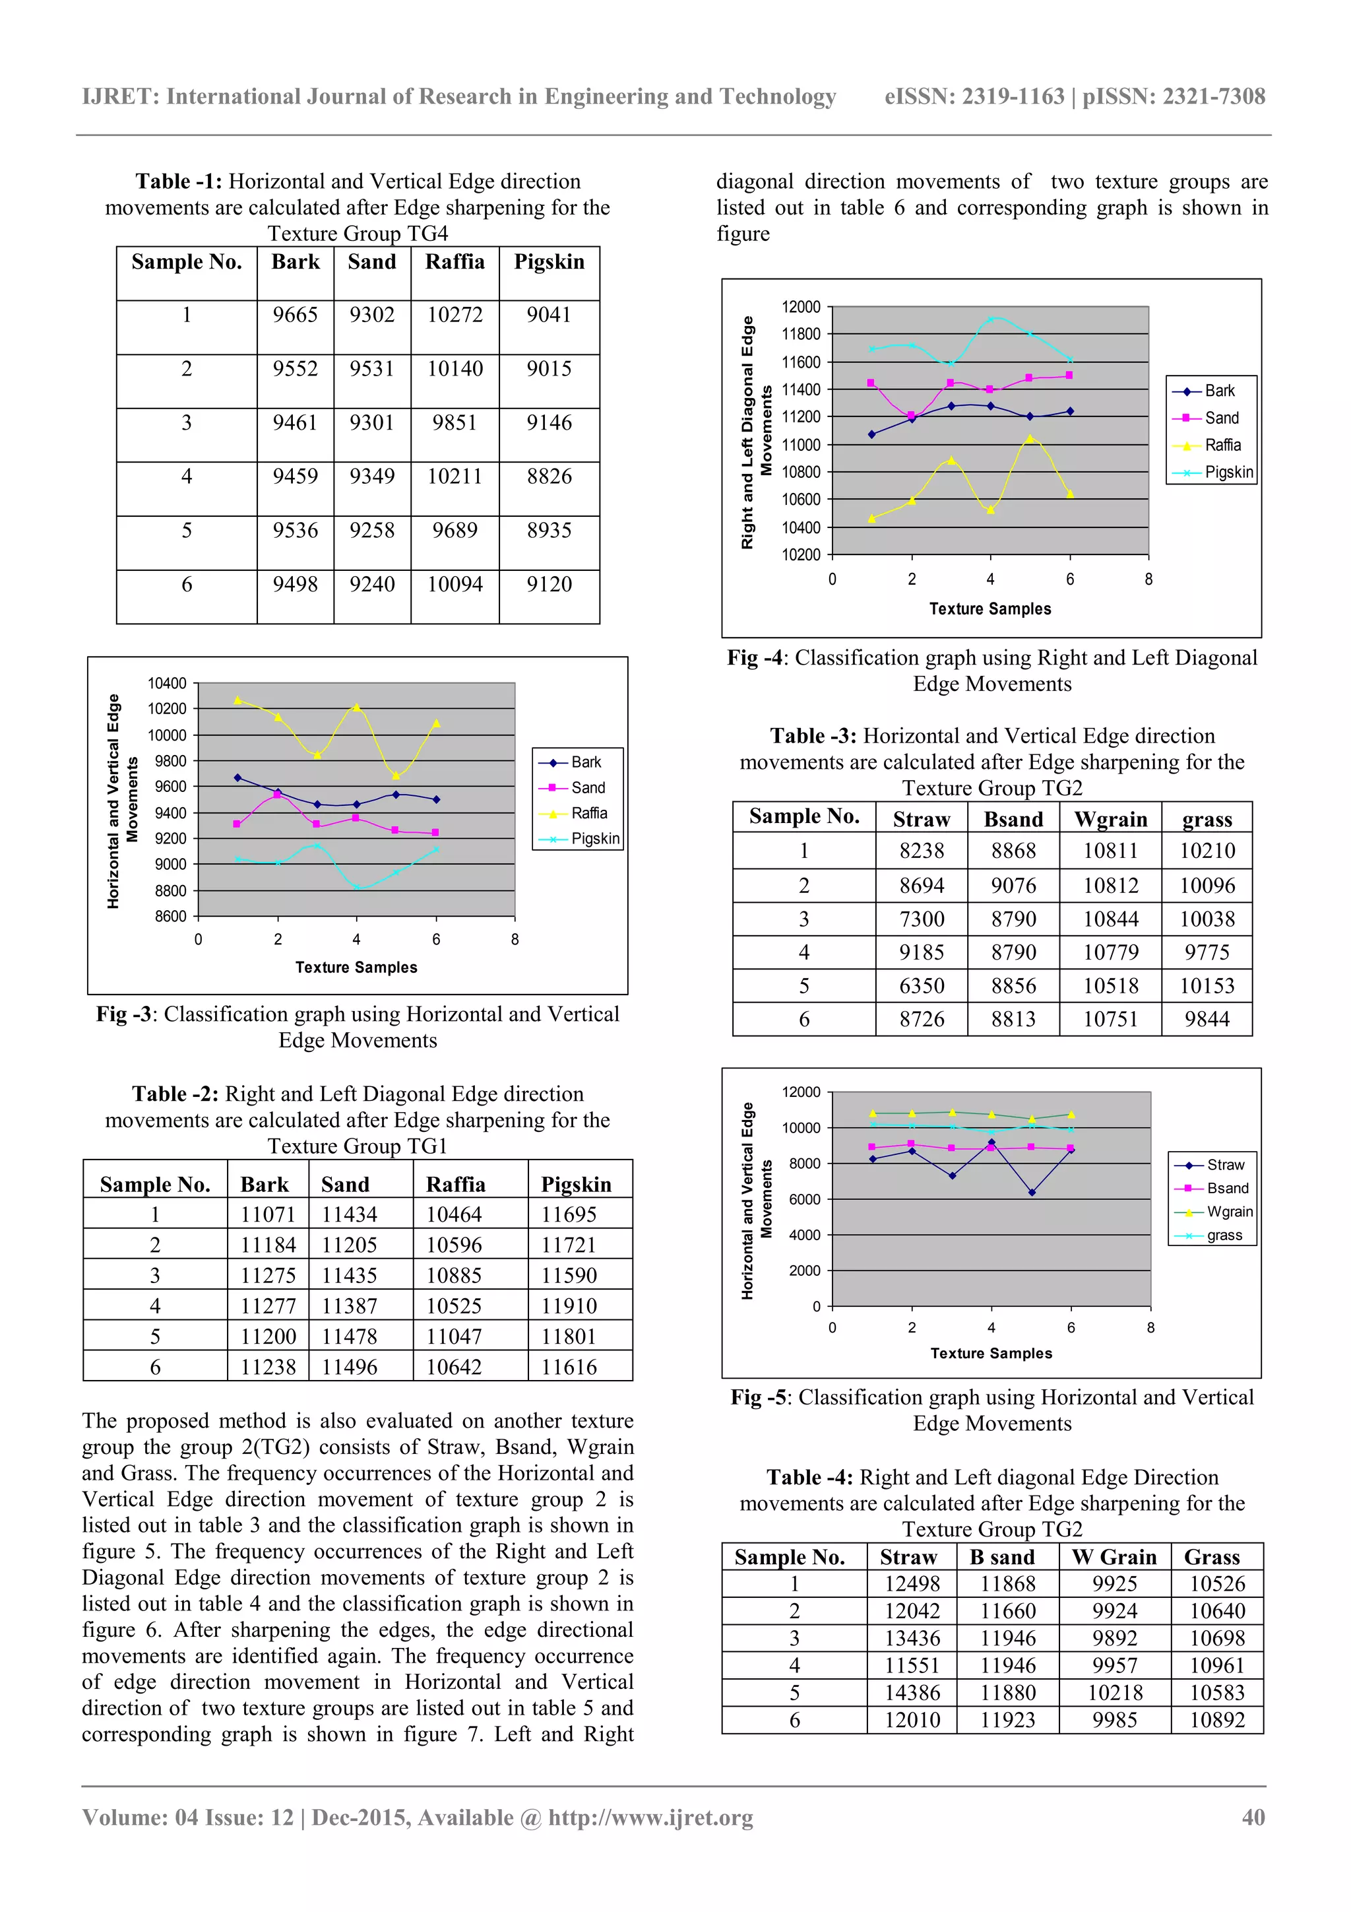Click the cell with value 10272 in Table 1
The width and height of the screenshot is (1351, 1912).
(455, 315)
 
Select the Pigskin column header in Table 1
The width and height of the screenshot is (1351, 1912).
(549, 262)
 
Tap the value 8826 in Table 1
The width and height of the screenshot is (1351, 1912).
(549, 477)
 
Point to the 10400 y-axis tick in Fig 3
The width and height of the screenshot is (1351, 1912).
(168, 684)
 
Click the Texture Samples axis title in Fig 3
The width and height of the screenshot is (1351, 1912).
(356, 968)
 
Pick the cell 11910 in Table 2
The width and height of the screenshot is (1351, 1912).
(569, 1305)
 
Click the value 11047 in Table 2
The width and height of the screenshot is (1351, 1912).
(454, 1336)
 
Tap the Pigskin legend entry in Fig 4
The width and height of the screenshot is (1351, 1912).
(1228, 472)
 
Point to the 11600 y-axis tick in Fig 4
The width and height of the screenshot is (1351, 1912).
(801, 362)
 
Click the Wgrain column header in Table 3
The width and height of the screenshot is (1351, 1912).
(1110, 820)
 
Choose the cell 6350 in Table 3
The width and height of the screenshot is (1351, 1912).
(922, 986)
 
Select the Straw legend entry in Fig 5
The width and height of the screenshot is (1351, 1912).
(1224, 1165)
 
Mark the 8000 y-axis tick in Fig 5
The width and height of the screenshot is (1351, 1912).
(805, 1164)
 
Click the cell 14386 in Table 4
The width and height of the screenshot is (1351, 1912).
(912, 1693)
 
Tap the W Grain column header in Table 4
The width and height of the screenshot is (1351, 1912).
(1114, 1557)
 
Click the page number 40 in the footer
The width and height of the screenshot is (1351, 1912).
(1253, 1817)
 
